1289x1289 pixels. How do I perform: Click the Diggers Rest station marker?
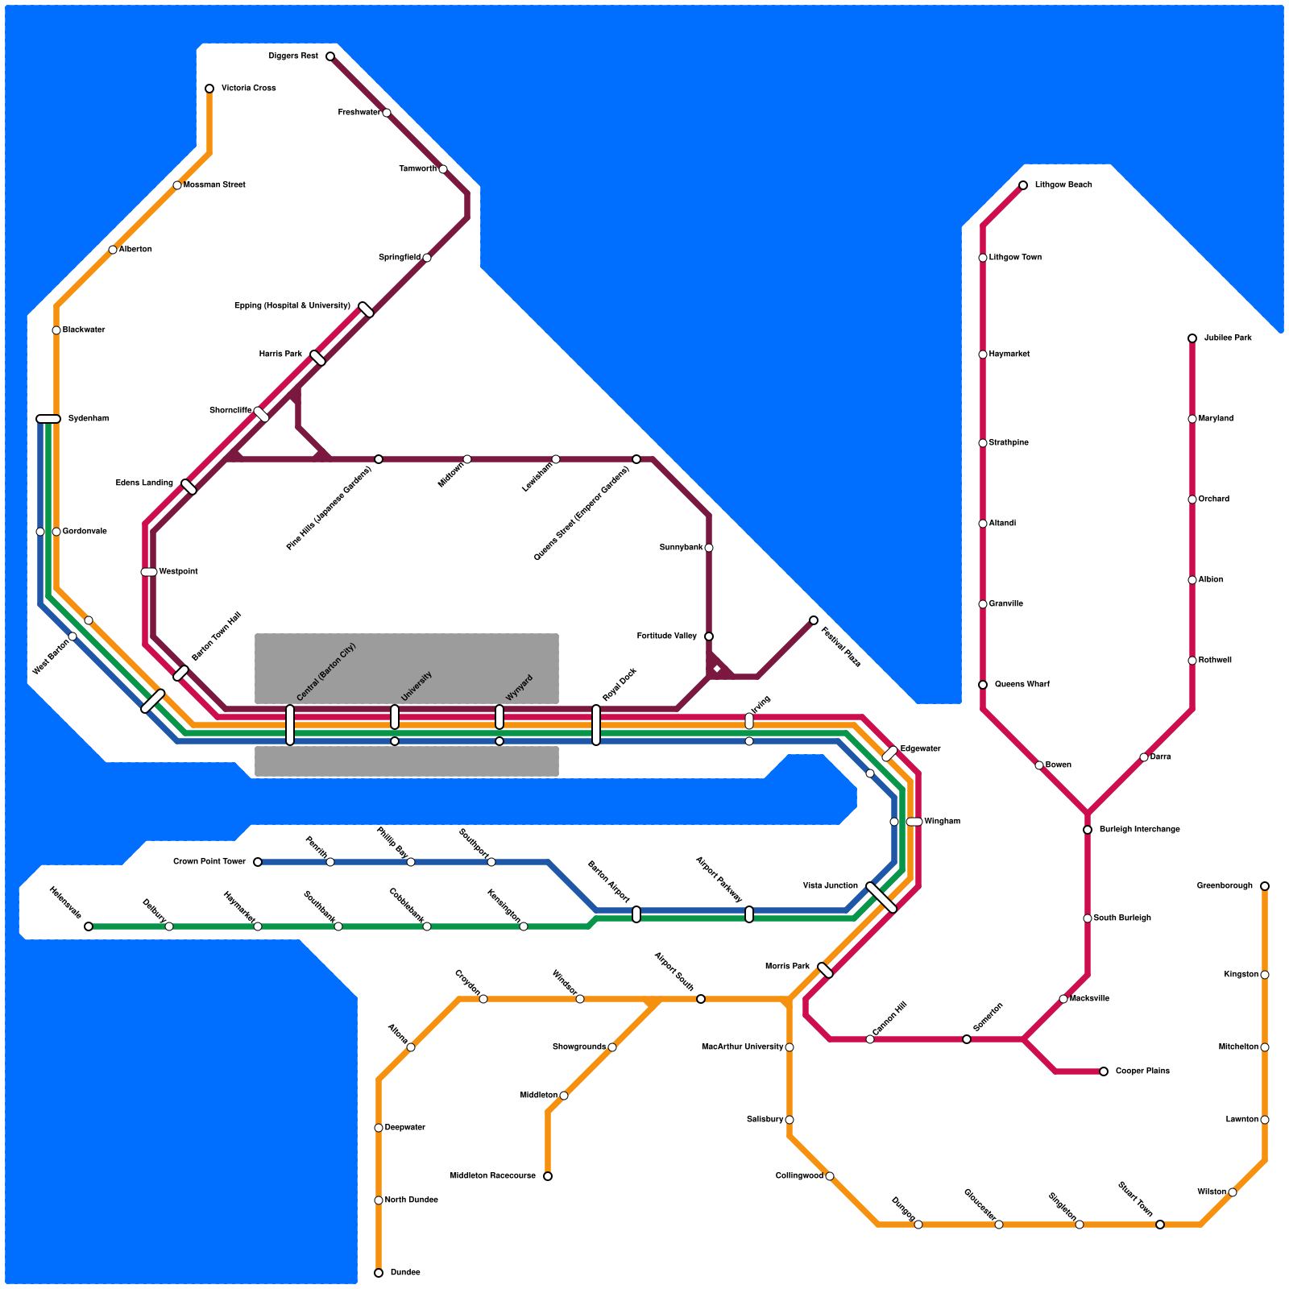click(330, 56)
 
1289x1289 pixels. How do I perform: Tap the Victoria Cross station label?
click(248, 89)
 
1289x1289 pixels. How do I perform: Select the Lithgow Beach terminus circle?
click(1023, 185)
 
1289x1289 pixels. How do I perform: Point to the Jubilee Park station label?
click(1228, 338)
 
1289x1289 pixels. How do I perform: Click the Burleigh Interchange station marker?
click(1088, 830)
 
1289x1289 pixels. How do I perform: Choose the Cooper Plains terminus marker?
click(1104, 1071)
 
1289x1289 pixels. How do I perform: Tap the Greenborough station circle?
click(1265, 886)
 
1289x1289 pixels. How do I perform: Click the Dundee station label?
click(405, 1273)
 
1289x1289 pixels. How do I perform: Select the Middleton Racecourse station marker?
click(548, 1176)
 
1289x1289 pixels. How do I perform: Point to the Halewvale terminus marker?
click(89, 926)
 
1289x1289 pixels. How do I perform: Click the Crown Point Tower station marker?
click(258, 862)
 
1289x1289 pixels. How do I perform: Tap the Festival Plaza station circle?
click(814, 620)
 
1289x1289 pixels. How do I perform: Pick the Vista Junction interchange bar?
click(881, 897)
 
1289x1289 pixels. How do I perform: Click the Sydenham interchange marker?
click(48, 419)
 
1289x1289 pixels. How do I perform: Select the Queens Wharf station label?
click(1022, 685)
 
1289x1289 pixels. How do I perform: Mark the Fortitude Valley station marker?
click(709, 636)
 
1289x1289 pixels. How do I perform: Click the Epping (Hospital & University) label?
click(292, 306)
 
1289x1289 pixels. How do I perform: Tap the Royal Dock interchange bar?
click(596, 725)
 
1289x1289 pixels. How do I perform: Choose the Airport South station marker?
click(701, 999)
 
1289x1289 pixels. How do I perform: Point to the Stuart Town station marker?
click(1160, 1225)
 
